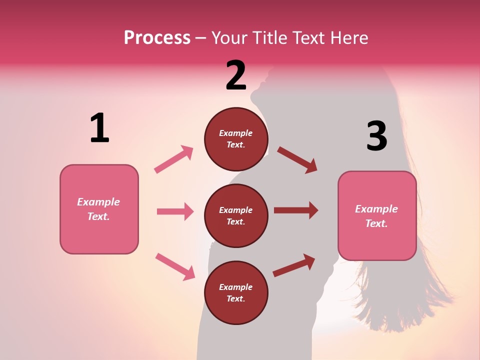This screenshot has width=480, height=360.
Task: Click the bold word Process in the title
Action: tap(157, 37)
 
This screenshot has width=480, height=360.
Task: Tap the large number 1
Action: tap(99, 128)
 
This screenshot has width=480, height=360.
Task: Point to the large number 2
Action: tap(236, 76)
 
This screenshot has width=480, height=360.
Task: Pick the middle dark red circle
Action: tap(236, 215)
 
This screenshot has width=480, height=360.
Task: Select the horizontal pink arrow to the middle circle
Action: tap(175, 211)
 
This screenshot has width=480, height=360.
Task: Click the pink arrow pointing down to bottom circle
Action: tap(175, 266)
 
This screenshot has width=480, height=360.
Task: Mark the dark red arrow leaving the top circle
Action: tap(297, 160)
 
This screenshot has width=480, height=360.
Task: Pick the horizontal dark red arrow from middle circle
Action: tap(296, 210)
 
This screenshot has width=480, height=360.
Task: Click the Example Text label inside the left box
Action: tap(98, 209)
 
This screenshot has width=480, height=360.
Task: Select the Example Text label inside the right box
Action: tap(376, 216)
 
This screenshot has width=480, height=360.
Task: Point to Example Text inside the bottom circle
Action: tap(236, 292)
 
